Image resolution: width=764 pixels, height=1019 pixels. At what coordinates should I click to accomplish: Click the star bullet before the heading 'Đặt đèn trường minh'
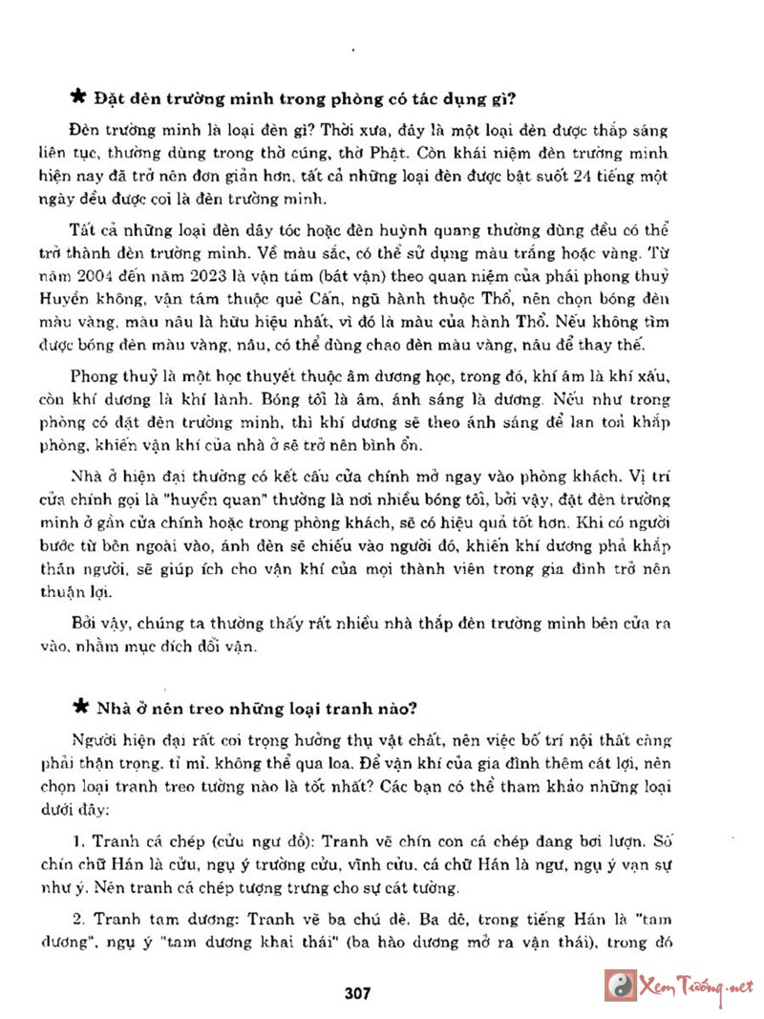click(x=79, y=98)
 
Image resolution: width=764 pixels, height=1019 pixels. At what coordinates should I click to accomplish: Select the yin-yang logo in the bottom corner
click(x=622, y=985)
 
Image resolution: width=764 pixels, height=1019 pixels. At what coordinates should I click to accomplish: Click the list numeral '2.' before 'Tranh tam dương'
click(x=77, y=923)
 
